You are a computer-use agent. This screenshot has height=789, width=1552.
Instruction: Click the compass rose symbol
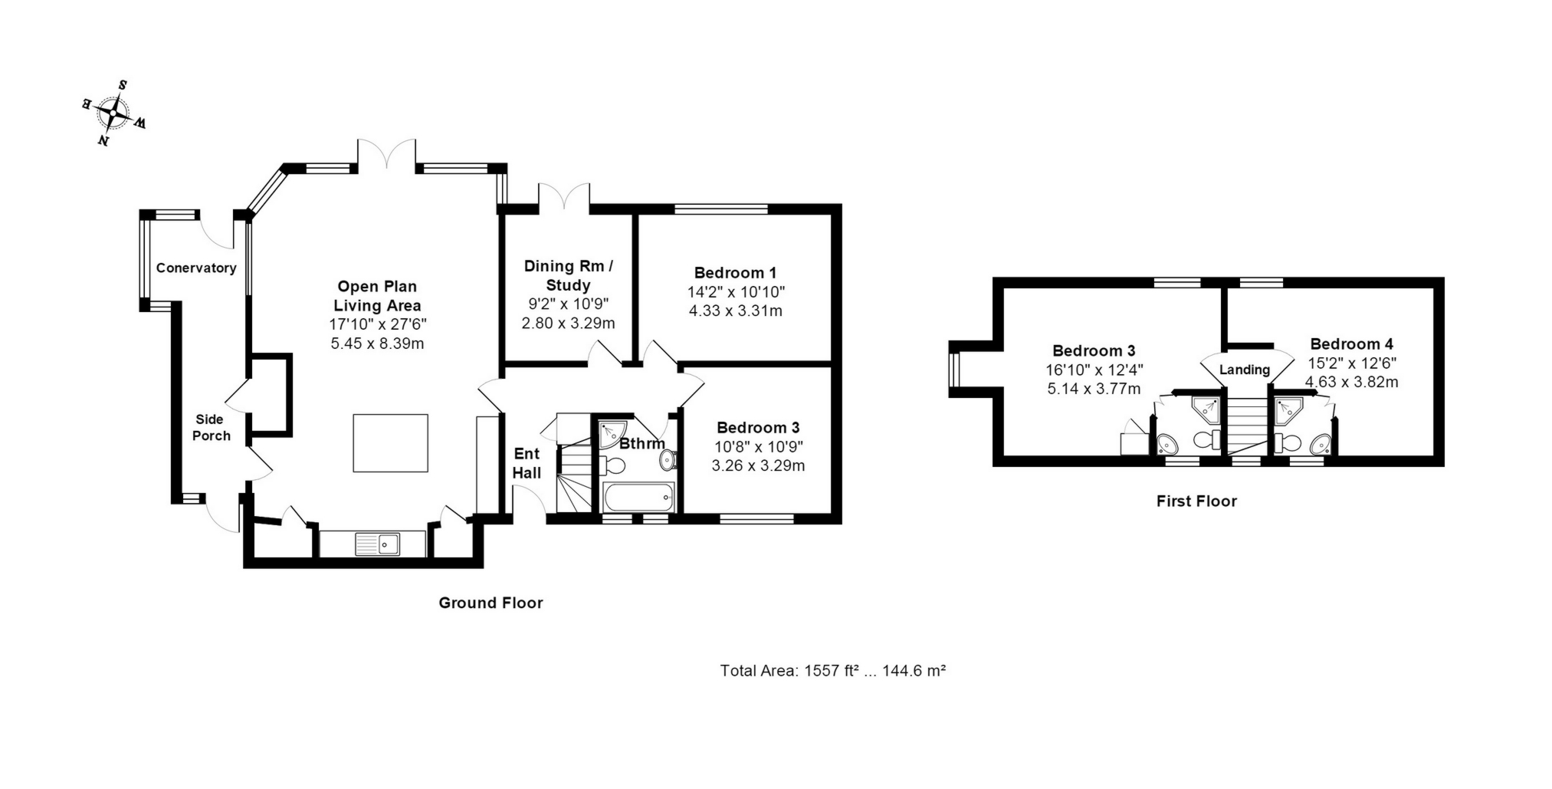point(114,113)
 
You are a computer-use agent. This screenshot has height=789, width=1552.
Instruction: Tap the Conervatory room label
point(196,268)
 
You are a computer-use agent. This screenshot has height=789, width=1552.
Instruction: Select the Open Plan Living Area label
point(377,296)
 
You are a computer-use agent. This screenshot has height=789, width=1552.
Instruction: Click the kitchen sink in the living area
point(378,544)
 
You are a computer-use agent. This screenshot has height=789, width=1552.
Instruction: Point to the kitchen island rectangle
point(390,443)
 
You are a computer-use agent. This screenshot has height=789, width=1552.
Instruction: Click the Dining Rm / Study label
point(569,276)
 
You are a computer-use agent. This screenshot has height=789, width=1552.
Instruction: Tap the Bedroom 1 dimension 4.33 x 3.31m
point(736,311)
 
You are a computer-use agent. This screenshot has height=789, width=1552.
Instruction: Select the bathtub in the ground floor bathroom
point(639,498)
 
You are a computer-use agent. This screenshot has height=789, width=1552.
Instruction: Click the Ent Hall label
point(527,463)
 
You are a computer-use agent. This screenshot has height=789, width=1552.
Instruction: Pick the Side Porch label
point(211,427)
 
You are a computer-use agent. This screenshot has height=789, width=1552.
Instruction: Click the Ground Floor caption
point(491,603)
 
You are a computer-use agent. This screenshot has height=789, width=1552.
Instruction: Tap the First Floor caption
point(1196,501)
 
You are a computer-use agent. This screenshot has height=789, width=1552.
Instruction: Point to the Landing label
point(1245,370)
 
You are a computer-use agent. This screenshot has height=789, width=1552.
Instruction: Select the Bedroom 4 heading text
point(1352,344)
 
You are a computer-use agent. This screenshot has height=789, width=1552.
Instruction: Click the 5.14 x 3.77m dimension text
point(1094,389)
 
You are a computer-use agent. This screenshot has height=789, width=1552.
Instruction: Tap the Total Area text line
point(832,671)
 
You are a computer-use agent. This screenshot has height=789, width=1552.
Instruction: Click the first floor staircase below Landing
point(1248,426)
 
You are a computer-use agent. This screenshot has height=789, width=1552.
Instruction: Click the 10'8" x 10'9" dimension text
point(757,446)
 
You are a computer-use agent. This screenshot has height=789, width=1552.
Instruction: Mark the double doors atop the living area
point(387,153)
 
